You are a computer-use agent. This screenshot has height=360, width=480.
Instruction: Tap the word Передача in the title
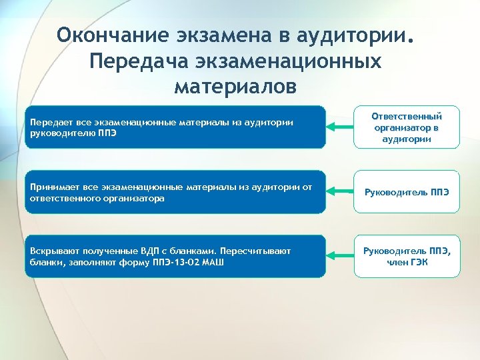(139, 61)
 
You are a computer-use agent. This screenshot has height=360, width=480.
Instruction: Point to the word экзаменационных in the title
(288, 61)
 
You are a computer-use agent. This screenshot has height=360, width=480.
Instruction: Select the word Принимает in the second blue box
(51, 187)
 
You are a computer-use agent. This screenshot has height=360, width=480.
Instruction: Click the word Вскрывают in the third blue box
(53, 251)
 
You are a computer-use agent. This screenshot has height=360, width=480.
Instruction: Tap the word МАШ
(212, 262)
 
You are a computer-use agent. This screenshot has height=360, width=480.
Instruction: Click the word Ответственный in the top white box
(407, 116)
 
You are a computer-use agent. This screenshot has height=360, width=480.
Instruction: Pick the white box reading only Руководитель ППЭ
(407, 193)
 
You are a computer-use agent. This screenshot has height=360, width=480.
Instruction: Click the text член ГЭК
(407, 262)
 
